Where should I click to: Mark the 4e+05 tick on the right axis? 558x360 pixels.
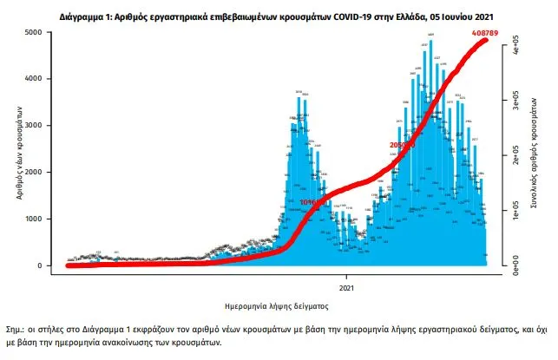tap(515, 44)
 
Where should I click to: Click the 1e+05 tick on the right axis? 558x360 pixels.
tap(515, 213)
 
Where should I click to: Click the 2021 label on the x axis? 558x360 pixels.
tap(345, 287)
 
